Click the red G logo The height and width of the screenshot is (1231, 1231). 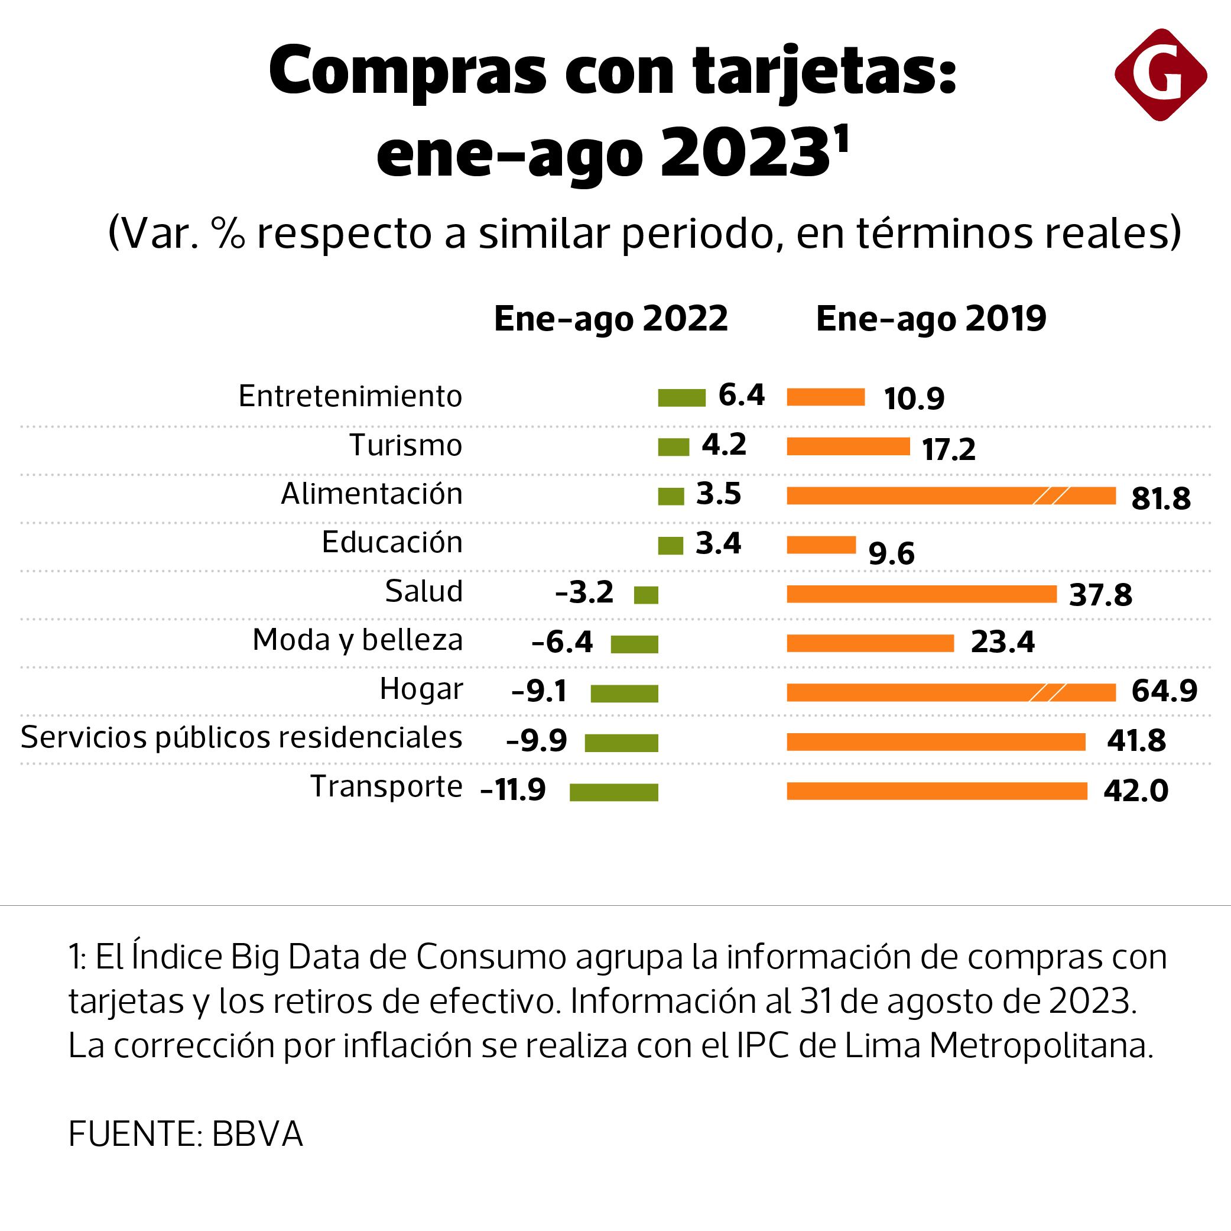(1160, 74)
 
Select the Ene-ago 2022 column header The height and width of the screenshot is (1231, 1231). (610, 318)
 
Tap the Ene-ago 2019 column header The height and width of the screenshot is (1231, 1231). (931, 318)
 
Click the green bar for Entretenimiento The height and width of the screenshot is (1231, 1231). (682, 398)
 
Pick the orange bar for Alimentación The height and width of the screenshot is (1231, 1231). (951, 496)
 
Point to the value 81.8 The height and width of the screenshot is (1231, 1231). (1161, 498)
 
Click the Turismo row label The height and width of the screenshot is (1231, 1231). (405, 445)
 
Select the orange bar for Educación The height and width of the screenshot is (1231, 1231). (821, 545)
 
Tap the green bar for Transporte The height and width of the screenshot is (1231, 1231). (613, 792)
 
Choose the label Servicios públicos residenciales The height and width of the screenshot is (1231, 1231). (242, 737)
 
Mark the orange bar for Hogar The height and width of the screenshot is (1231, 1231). (951, 692)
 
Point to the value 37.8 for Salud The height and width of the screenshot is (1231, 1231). (1100, 595)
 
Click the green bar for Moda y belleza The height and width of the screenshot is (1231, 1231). (634, 644)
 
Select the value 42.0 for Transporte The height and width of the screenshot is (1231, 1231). (1136, 791)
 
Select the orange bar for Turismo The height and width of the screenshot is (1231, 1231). (848, 447)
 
